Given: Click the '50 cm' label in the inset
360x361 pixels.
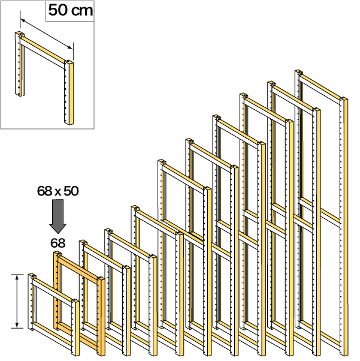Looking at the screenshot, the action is pos(71,10).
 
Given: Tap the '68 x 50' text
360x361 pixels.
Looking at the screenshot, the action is pos(58,191).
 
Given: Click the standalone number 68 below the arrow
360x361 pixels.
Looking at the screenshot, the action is pos(58,243).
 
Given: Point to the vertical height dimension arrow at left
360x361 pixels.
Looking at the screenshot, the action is pos(17,302).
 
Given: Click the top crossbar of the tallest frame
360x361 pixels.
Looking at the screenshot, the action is pos(320,87).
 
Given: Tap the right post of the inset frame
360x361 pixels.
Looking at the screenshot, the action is pos(69,92).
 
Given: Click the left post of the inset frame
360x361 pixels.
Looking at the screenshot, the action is pos(19,64).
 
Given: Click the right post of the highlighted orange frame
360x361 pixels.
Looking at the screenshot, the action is pos(101,316).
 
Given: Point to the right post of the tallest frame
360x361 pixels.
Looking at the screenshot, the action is pos(344,227).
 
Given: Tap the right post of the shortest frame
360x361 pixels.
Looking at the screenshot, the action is pos(75,327).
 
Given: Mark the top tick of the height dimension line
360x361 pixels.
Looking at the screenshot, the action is pos(17,275).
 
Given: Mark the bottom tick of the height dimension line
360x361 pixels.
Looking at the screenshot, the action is pos(17,328).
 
